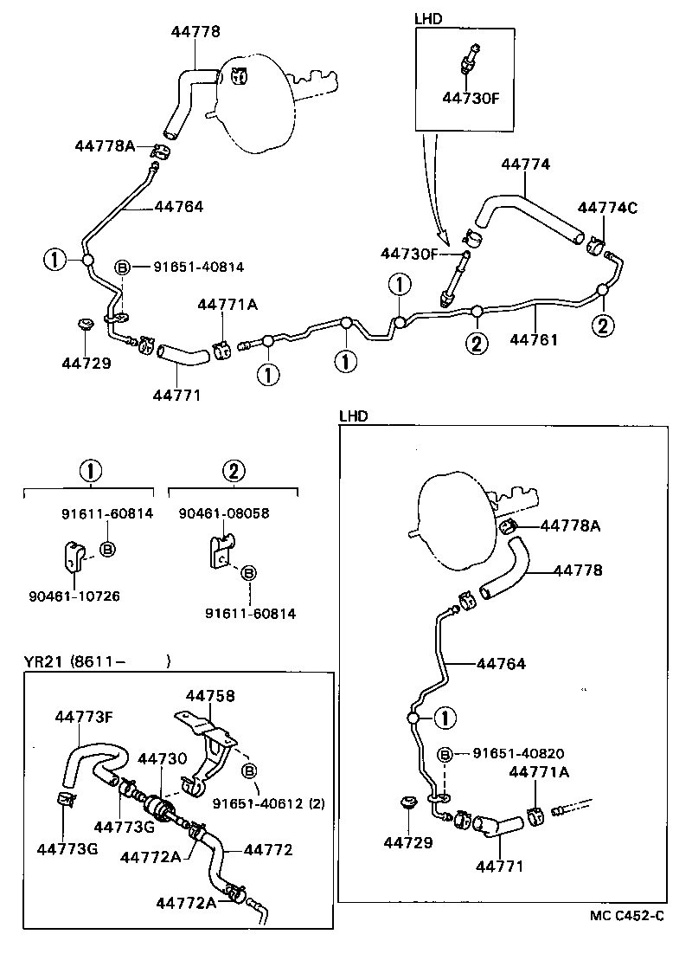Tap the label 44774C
(607, 207)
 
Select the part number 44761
(534, 339)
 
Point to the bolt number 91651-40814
(199, 267)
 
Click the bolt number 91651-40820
(517, 753)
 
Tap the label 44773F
(84, 717)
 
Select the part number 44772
(268, 849)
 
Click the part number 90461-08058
(224, 513)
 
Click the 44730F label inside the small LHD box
(471, 98)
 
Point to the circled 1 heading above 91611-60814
(90, 472)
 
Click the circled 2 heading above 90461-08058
(233, 472)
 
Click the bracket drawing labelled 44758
(208, 749)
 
